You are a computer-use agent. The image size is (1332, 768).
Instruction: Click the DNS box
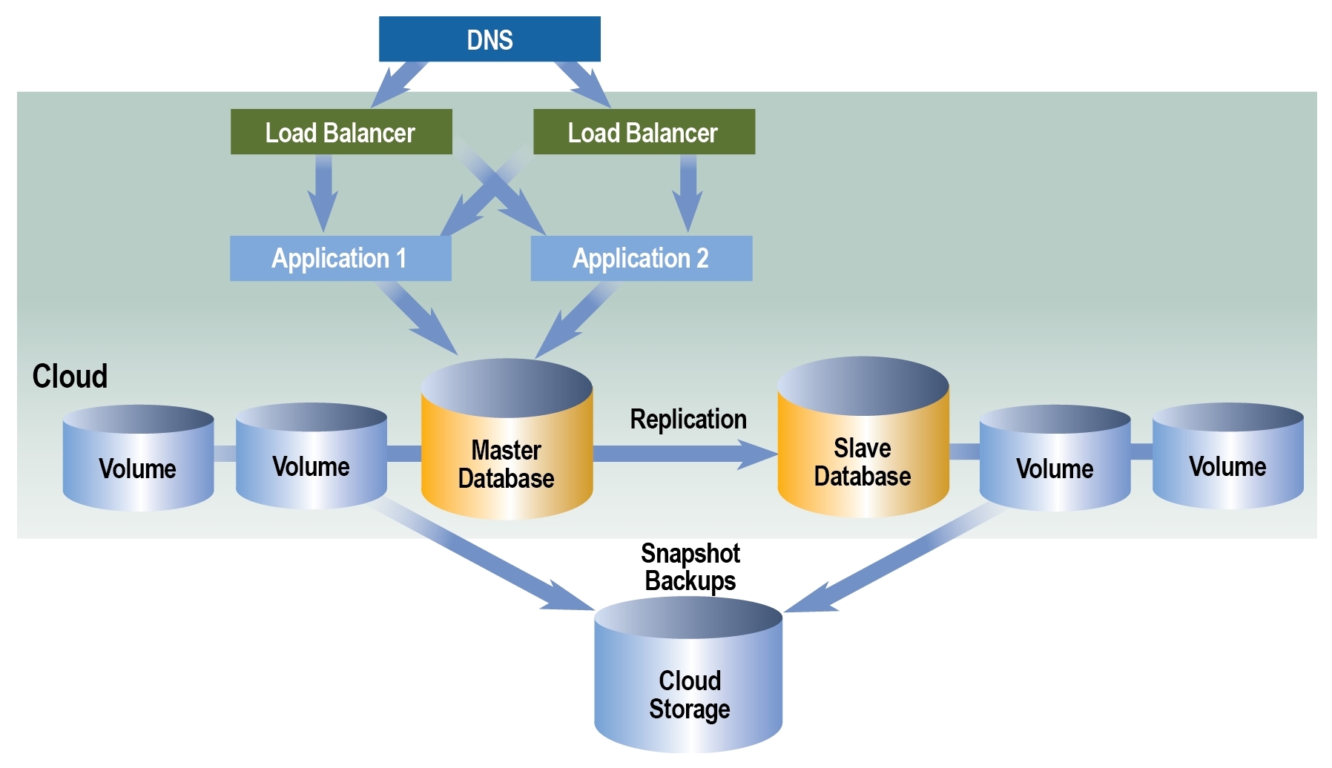[489, 39]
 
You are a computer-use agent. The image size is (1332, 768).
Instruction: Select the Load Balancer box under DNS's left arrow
[341, 132]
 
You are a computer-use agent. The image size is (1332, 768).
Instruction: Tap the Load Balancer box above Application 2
[644, 132]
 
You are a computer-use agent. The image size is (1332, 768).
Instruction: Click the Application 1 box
[340, 259]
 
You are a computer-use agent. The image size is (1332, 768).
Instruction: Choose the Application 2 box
[642, 259]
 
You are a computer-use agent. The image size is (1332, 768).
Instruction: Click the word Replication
[688, 420]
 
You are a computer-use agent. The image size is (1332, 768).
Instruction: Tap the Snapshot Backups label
[690, 567]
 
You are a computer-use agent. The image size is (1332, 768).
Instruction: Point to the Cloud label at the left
[70, 377]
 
